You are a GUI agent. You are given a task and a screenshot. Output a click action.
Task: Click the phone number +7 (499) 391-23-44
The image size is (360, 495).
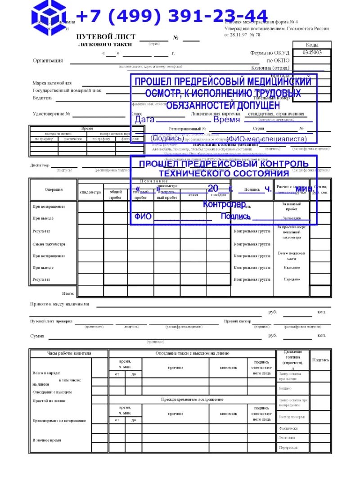[172, 16]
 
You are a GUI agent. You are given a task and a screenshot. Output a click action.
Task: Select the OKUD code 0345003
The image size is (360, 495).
[312, 53]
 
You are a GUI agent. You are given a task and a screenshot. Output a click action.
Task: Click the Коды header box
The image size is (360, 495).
[312, 45]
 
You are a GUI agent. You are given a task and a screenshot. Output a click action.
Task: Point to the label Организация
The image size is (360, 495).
[48, 61]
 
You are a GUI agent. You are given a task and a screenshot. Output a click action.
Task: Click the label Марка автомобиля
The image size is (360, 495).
[52, 83]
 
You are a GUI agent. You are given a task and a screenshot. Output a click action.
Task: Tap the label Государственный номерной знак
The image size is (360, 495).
[67, 90]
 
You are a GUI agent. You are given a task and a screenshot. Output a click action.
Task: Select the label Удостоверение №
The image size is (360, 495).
[51, 114]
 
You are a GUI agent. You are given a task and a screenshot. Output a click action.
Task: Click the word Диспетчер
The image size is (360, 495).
[40, 166]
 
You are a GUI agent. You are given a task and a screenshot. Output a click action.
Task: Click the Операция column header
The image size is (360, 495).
[54, 190]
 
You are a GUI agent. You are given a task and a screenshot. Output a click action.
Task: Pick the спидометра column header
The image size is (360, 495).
[90, 193]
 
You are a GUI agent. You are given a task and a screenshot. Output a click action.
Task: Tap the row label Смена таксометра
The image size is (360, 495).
[49, 244]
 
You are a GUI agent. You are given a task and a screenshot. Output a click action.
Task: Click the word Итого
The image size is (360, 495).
[68, 293]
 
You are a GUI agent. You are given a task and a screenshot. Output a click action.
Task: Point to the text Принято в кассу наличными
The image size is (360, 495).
[59, 304]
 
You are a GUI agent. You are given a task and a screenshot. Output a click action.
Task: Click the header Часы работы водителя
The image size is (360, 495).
[69, 354]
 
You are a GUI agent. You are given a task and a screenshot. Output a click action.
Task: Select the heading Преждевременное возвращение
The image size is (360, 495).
[192, 400]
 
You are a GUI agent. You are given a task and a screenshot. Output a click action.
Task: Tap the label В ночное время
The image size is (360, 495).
[46, 440]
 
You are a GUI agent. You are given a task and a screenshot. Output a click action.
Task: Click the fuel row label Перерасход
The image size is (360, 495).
[288, 448]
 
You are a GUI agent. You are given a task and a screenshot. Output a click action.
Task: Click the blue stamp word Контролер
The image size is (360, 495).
[224, 204]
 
